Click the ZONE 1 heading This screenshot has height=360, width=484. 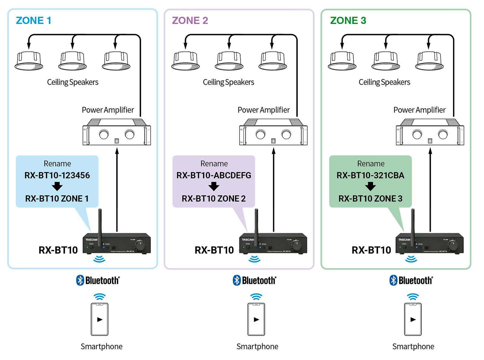coord(34,21)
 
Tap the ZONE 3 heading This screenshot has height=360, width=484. coord(348,21)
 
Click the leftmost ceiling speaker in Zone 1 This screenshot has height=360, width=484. coord(29,61)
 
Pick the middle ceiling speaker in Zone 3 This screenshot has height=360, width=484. coord(386,61)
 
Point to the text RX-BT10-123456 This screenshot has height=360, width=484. coord(57,175)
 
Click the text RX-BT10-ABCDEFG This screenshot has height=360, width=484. coord(214,175)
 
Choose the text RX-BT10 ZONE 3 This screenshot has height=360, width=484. coord(370,199)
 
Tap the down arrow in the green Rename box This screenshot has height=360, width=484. coord(370,186)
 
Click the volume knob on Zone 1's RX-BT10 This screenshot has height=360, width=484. coord(140,245)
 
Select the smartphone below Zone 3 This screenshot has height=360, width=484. coord(413,319)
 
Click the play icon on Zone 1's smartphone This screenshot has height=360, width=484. coord(100,319)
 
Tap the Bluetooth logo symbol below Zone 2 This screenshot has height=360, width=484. coord(237,280)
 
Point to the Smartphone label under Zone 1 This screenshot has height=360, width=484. coord(102,347)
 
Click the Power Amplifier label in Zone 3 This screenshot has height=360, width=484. coord(419,110)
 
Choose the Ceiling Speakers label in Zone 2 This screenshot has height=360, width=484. coord(228,82)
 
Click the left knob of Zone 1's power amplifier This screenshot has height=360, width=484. coord(104,134)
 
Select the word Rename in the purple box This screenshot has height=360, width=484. coord(214,164)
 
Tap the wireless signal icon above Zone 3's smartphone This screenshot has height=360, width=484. coord(413,296)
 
